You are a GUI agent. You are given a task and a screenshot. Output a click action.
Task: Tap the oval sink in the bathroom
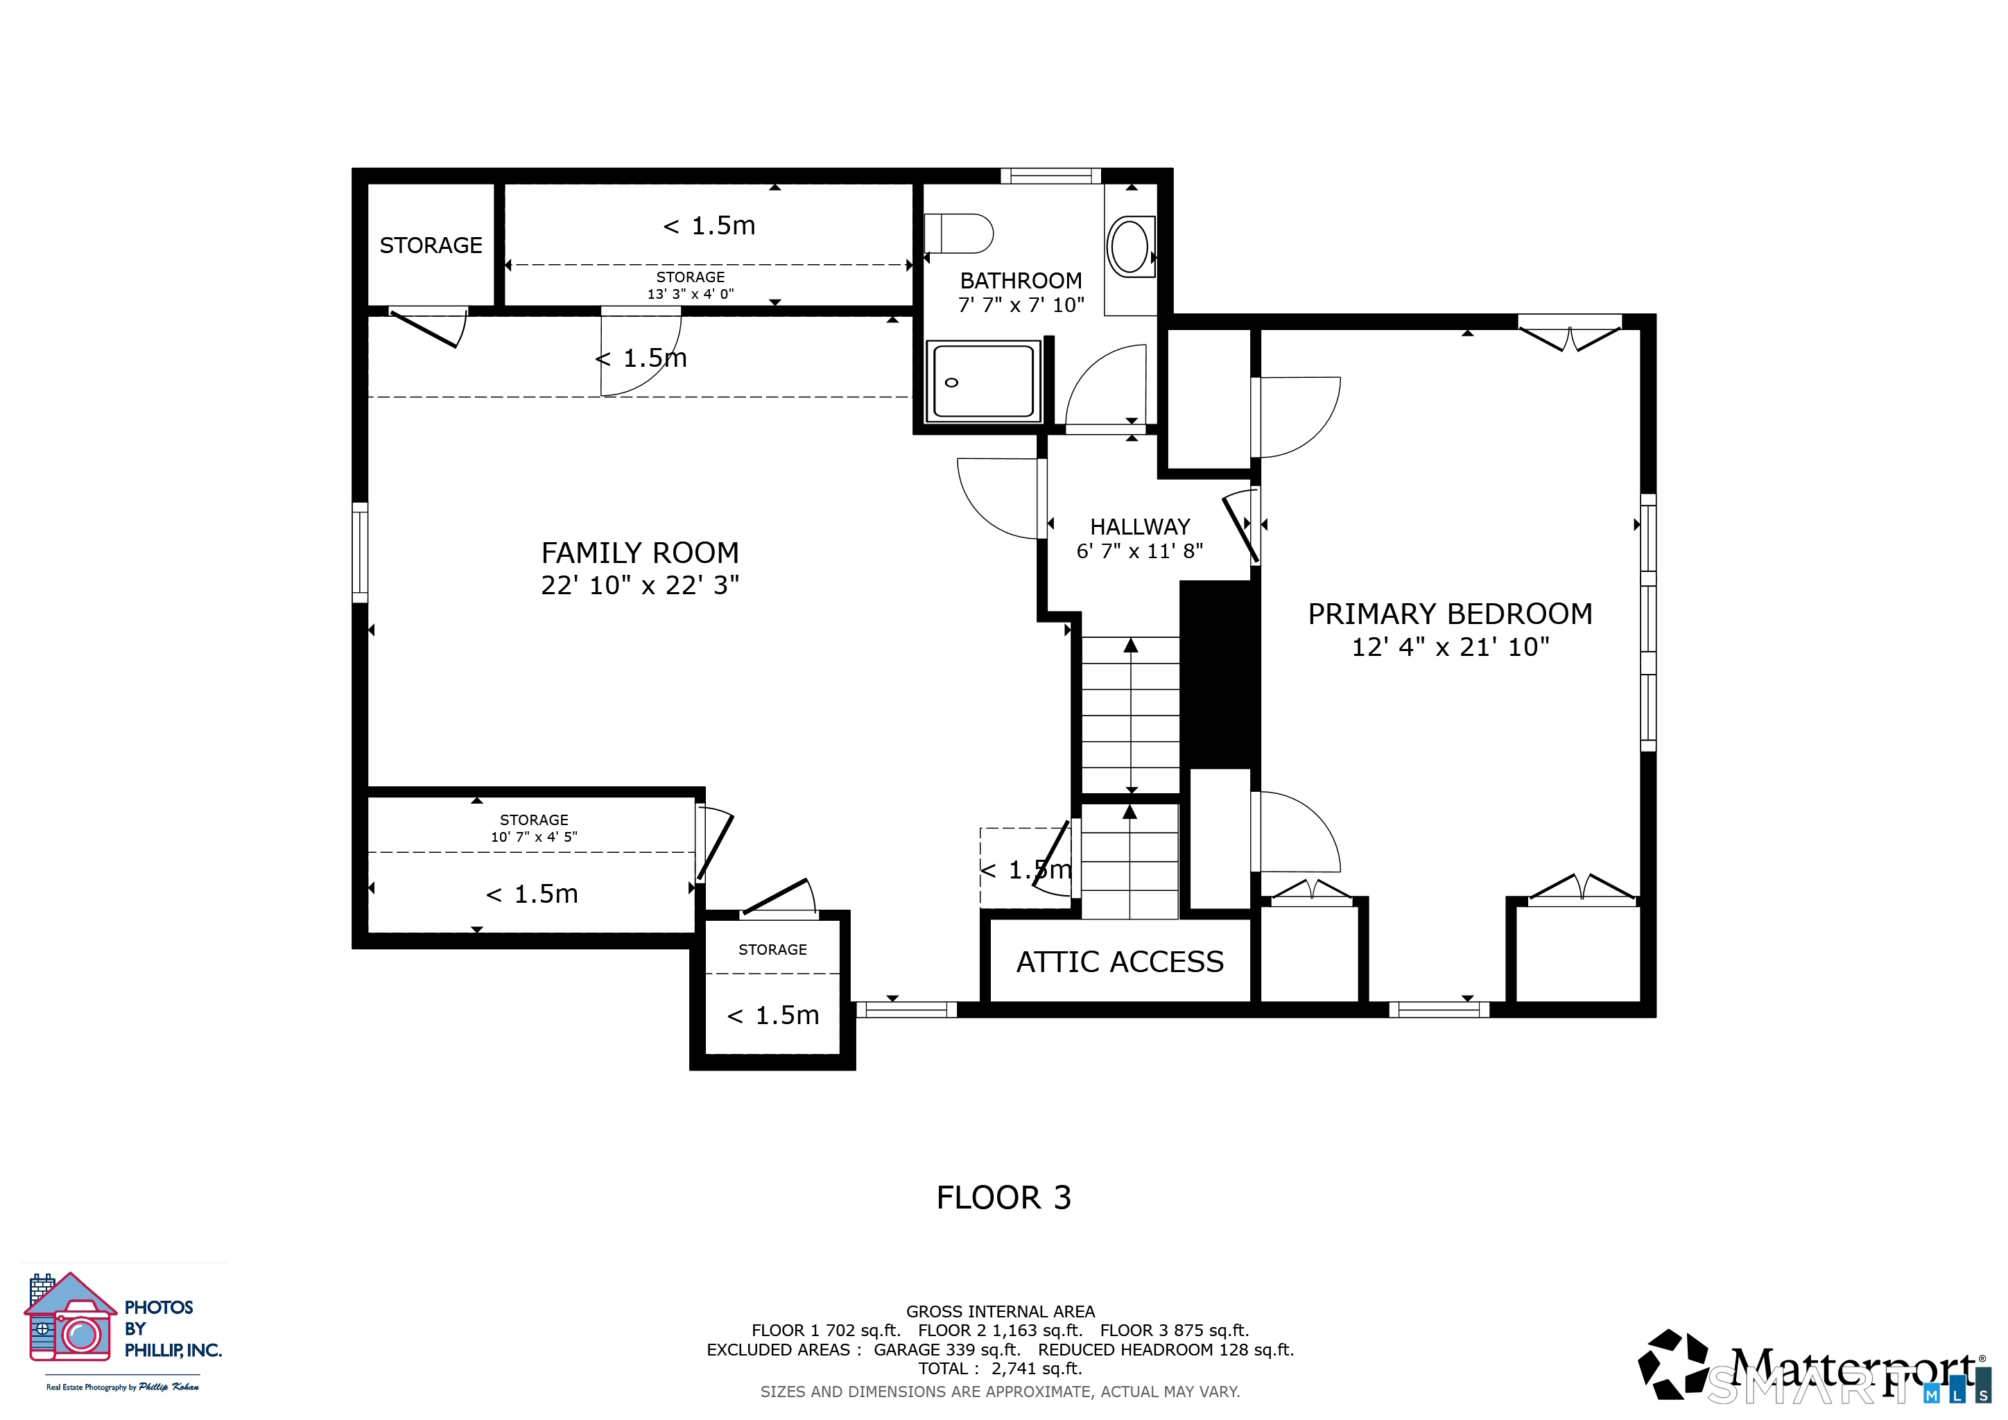tap(1129, 247)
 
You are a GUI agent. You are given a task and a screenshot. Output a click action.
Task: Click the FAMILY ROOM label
tap(639, 553)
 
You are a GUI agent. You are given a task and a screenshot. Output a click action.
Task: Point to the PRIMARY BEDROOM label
tap(1449, 614)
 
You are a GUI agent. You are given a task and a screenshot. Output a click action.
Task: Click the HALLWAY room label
tap(1140, 526)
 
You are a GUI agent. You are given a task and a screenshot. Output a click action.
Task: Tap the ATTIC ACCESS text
tap(1119, 962)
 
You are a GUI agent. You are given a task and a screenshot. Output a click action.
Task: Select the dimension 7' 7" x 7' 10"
tap(1021, 305)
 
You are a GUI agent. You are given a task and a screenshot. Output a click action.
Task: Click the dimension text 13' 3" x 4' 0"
tap(690, 294)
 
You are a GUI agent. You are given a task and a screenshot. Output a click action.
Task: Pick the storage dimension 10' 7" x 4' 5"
tap(533, 837)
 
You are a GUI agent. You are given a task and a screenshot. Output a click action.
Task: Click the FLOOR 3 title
tap(1003, 1197)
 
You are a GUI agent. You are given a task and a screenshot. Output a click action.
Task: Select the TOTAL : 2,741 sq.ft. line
tap(1000, 1369)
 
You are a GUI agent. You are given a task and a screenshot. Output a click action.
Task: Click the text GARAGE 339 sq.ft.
tap(947, 1349)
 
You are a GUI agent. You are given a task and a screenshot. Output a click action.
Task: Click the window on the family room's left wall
tap(359, 552)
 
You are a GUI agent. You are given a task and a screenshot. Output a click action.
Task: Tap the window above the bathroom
tap(1050, 175)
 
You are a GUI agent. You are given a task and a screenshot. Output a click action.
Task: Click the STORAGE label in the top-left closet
tap(431, 245)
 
